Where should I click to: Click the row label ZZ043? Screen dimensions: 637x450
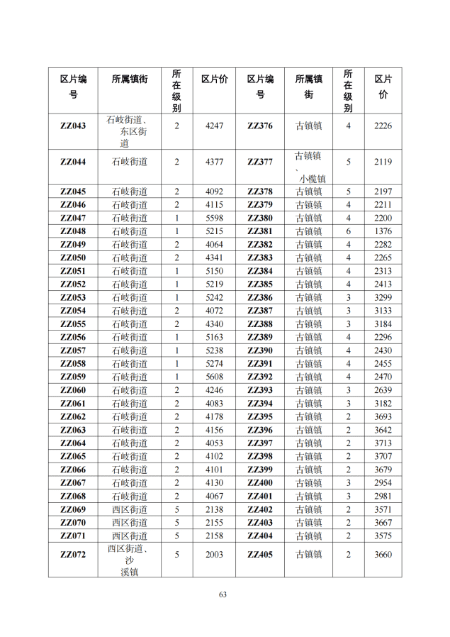click(x=73, y=126)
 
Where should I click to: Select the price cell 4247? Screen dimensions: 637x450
click(x=214, y=126)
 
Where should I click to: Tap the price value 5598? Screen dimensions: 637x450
click(x=214, y=218)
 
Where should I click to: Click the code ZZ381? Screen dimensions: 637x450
click(x=260, y=231)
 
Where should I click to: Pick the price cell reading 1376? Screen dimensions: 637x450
click(x=383, y=231)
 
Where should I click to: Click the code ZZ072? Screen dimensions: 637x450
click(x=73, y=555)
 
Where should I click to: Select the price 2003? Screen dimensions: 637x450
click(x=214, y=555)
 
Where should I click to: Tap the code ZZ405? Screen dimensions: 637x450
click(x=260, y=555)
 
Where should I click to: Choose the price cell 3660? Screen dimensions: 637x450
click(x=383, y=555)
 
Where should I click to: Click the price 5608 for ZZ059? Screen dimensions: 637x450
click(x=214, y=377)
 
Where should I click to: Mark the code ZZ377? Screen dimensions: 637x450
click(x=260, y=162)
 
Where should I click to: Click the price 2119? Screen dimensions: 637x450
click(x=383, y=162)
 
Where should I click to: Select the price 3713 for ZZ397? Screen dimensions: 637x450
click(x=383, y=443)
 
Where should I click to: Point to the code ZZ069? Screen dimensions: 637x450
click(x=73, y=510)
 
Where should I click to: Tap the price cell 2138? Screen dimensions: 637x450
click(x=214, y=510)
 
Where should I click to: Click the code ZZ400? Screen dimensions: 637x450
click(x=260, y=483)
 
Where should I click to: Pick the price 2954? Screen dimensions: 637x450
click(x=383, y=483)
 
